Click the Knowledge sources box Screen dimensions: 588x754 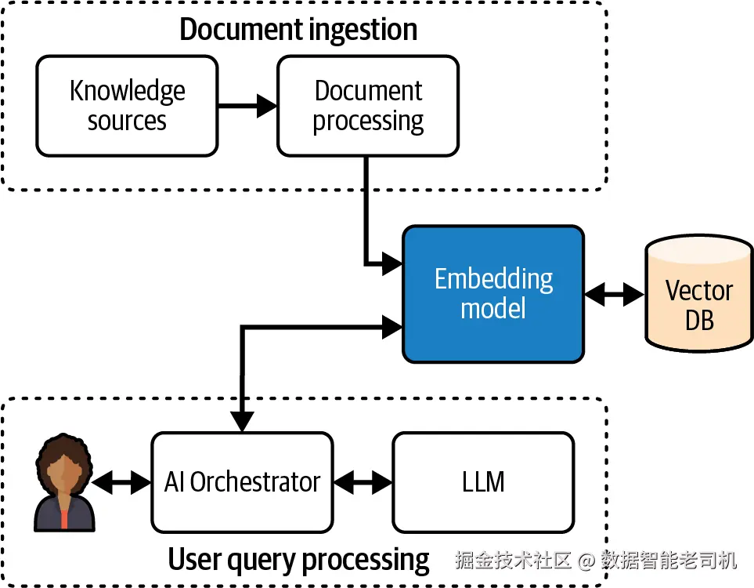[x=127, y=106]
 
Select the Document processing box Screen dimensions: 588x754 [x=368, y=106]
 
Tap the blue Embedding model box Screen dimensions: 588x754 [x=493, y=294]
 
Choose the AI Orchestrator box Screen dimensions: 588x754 [x=242, y=481]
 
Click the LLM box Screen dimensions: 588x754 [x=483, y=481]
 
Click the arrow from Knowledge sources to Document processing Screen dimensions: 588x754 [x=247, y=106]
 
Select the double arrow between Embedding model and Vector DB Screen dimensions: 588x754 [x=614, y=295]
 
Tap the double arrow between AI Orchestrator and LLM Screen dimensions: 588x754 [x=363, y=481]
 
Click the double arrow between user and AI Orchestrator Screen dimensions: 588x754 [x=122, y=481]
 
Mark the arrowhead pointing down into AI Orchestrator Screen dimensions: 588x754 [x=242, y=421]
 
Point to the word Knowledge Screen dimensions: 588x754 [x=127, y=91]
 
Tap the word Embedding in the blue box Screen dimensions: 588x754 [x=493, y=279]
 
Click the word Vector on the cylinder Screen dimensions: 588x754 [x=698, y=291]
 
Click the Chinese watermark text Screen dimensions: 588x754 [x=596, y=560]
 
